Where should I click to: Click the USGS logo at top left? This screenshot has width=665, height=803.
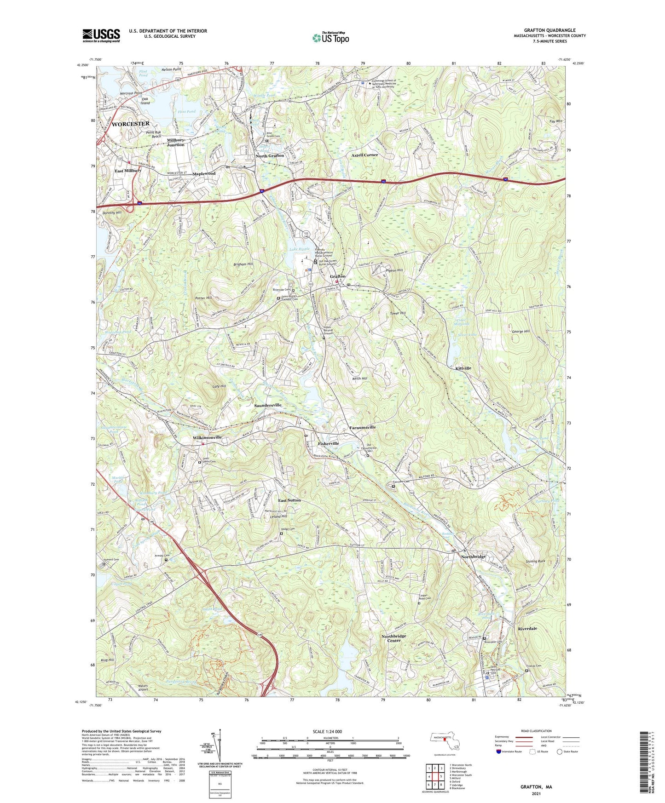(101, 35)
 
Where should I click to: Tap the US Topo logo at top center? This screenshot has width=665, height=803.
(330, 38)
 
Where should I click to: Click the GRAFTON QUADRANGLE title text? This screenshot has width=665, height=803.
(549, 30)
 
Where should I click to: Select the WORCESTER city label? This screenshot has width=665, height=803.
(131, 124)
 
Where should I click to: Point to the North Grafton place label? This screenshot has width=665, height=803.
(270, 156)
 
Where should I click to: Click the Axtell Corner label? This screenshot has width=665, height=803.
(364, 155)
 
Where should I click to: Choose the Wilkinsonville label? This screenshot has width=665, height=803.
(207, 437)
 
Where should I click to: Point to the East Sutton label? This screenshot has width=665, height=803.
(289, 500)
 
